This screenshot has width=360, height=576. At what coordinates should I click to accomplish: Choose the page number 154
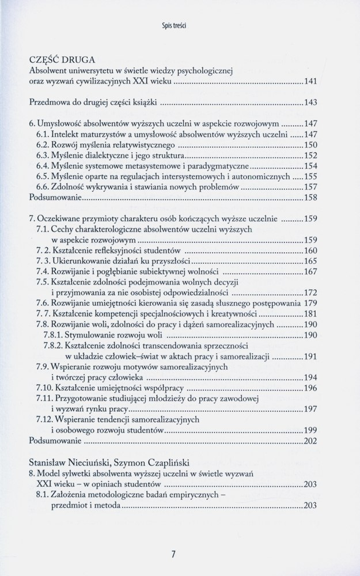(x=312, y=166)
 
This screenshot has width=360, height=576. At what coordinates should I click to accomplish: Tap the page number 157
(x=312, y=187)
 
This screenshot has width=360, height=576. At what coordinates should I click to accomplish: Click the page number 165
(x=312, y=261)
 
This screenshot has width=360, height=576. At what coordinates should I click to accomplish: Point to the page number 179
(x=312, y=304)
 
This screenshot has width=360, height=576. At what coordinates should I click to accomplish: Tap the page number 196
(x=312, y=388)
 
